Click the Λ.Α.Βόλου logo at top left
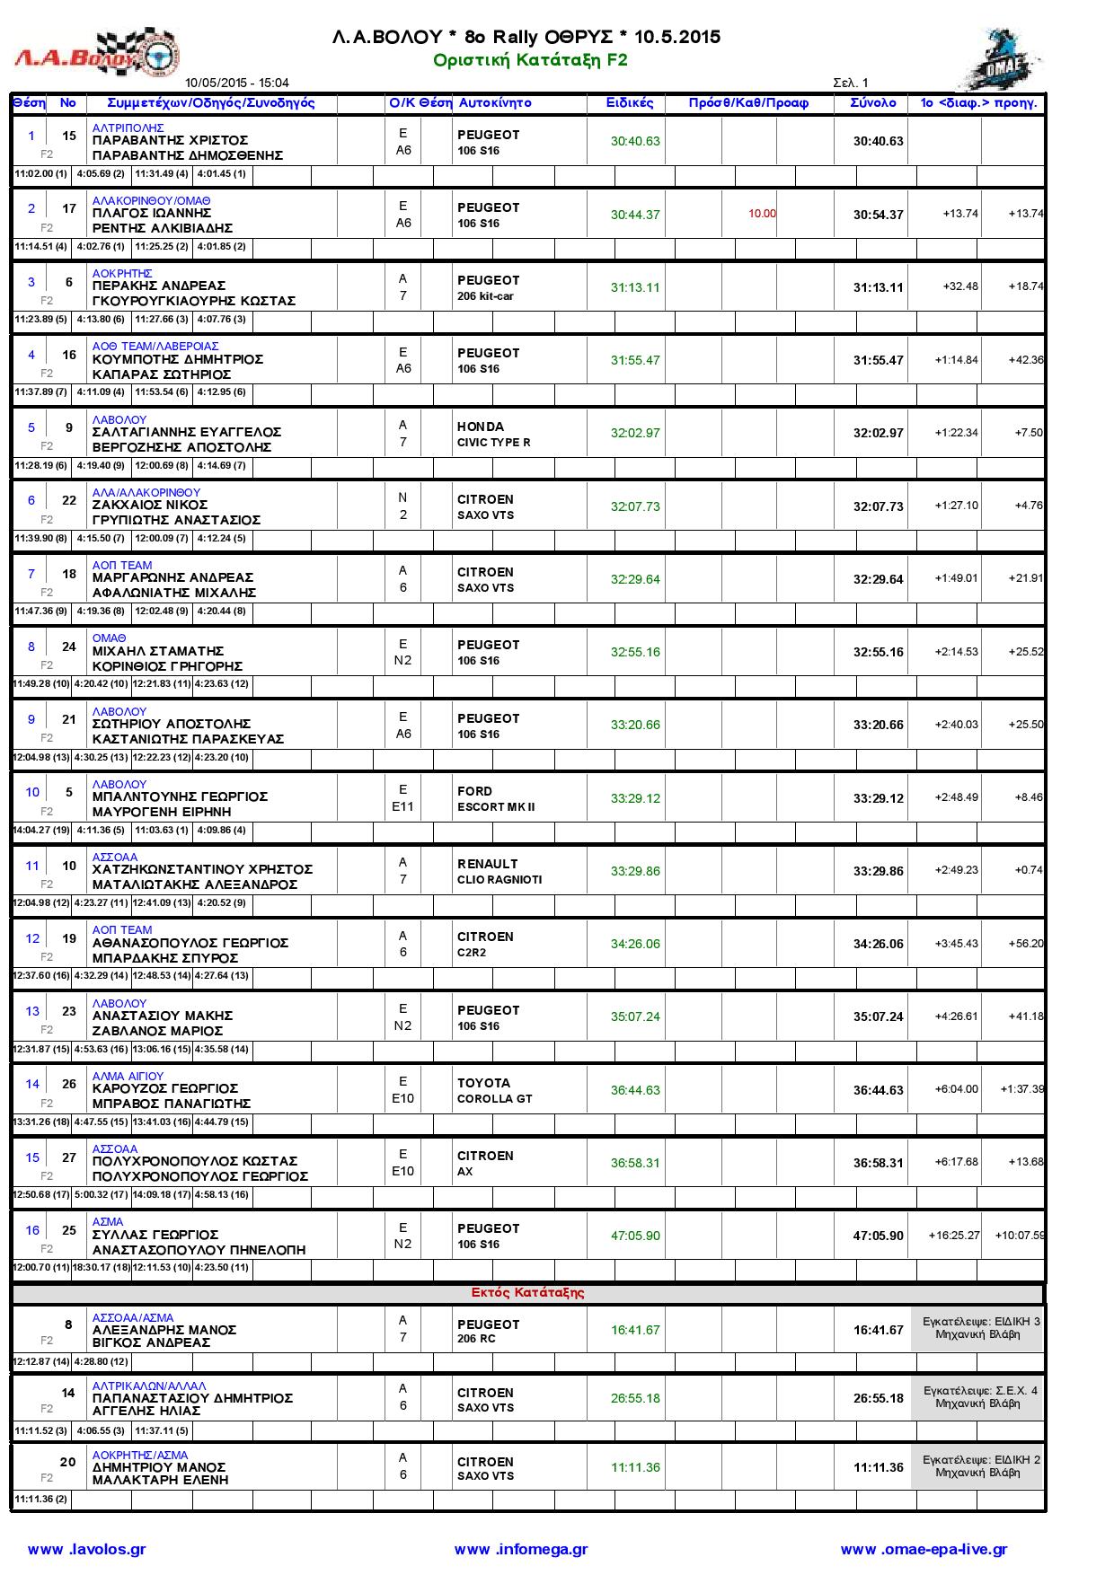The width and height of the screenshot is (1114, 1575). pos(96,55)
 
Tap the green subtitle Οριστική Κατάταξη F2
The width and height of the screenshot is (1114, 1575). pos(530,60)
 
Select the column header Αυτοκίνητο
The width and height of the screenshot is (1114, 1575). pos(495,102)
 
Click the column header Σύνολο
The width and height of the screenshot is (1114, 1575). pos(872,102)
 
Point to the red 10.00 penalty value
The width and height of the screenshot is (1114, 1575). pos(762,214)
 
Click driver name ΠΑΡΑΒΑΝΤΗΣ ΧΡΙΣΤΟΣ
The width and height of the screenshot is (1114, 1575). pos(171,140)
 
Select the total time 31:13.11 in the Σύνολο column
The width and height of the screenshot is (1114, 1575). pos(878,287)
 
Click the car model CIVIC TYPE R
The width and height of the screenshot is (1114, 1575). pos(493,442)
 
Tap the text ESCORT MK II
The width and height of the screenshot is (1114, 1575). pos(495,806)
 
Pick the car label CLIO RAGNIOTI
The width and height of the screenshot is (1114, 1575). pos(499,879)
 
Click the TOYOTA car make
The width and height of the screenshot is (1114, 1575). pos(483,1083)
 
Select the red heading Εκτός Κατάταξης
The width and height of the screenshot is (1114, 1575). pos(527,1292)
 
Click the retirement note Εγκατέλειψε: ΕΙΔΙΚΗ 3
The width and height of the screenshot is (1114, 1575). pos(981,1321)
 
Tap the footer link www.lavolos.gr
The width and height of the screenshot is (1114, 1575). pos(86,1549)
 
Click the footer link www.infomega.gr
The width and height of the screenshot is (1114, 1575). pos(520,1549)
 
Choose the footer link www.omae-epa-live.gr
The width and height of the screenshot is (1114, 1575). pos(924,1549)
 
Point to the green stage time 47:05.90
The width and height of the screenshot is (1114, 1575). pos(635,1236)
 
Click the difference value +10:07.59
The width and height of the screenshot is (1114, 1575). pos(1019,1235)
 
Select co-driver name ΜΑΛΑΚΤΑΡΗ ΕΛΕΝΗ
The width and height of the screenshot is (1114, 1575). pos(160,1480)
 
